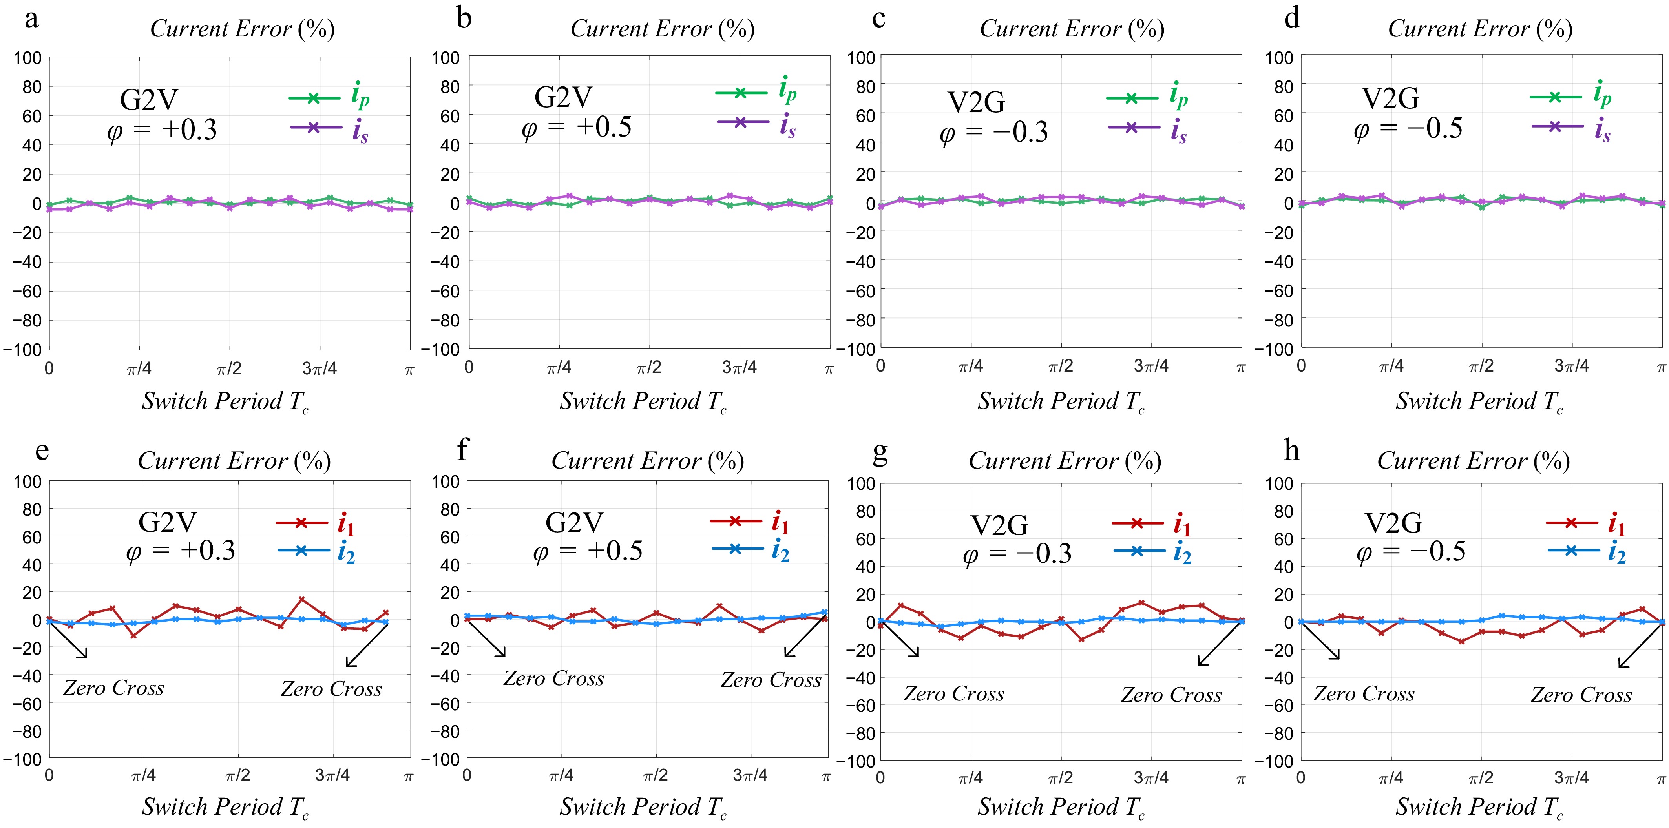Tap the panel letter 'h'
[1291, 450]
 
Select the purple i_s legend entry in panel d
[1571, 127]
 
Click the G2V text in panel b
[563, 97]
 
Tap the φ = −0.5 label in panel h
[1410, 553]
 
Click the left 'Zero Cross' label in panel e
[113, 688]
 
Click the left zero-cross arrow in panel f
[486, 638]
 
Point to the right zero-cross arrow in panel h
[1639, 645]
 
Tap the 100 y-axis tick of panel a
[27, 58]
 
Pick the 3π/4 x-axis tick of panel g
[1151, 777]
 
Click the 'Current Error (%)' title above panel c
[1072, 29]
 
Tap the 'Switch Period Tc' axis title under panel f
[643, 807]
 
